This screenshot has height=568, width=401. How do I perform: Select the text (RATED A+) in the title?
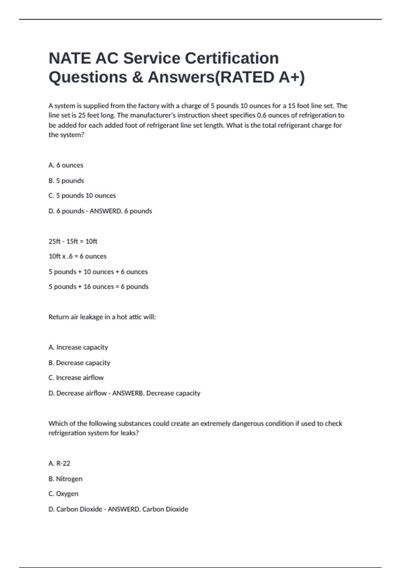click(259, 77)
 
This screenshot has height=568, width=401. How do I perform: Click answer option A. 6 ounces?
click(66, 165)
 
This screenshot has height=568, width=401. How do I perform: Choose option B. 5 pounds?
click(66, 180)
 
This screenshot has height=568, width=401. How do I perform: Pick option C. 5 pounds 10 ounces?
click(82, 195)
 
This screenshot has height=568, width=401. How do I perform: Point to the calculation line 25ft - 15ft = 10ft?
click(73, 241)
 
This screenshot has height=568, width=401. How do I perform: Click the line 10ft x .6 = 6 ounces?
click(78, 256)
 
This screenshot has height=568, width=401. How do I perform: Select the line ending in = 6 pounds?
click(99, 287)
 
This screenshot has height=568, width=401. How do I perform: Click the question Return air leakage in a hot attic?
click(102, 317)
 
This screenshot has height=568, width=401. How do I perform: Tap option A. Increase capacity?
click(78, 347)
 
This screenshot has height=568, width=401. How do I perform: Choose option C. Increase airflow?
click(76, 378)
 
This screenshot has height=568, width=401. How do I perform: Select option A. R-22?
click(59, 463)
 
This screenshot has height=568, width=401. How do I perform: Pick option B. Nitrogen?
click(65, 479)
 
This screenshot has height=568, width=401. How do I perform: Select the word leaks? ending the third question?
click(130, 433)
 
